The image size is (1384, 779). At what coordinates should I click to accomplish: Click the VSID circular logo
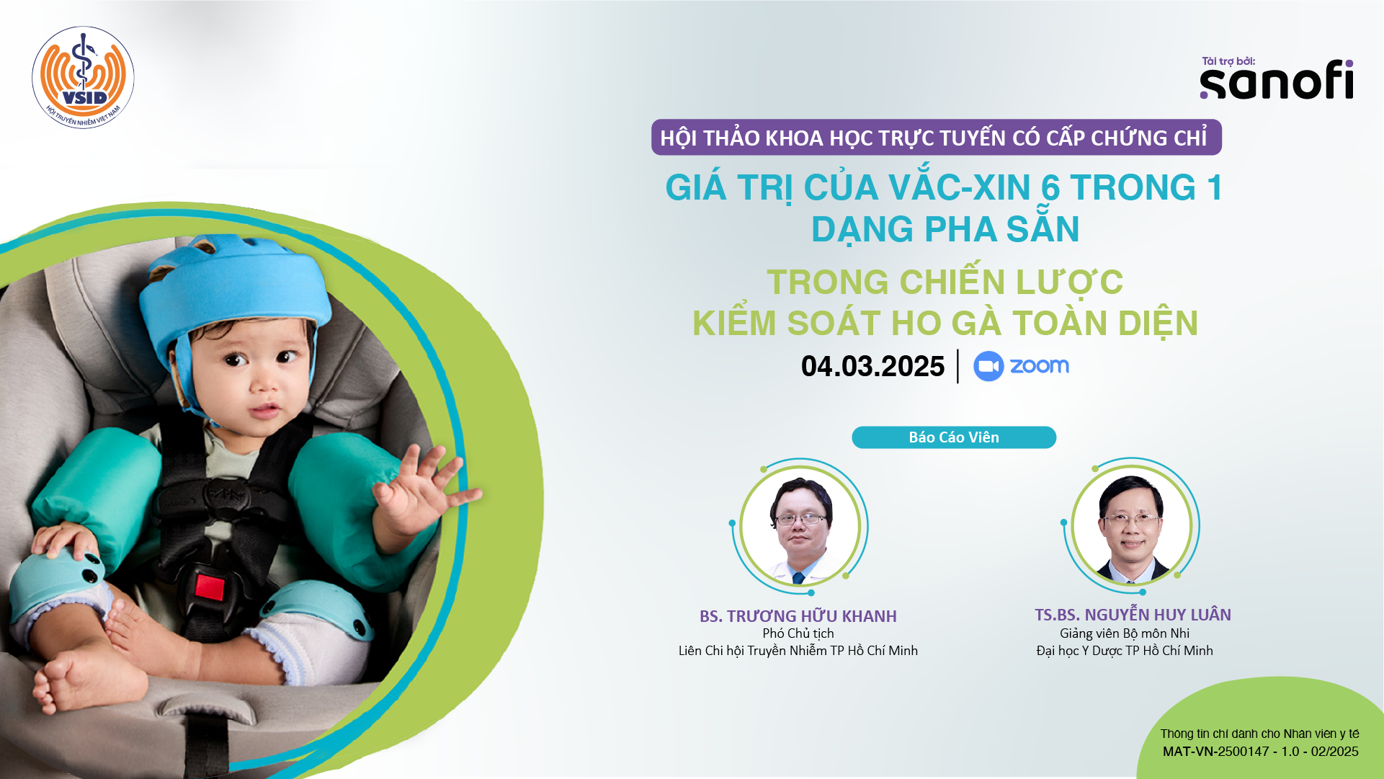click(x=83, y=78)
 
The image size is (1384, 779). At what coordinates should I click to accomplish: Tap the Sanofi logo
click(x=1277, y=79)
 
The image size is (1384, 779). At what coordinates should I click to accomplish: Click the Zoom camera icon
click(x=988, y=366)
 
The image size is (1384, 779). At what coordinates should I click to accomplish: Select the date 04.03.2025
click(x=872, y=366)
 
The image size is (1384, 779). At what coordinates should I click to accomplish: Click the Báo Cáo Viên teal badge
click(x=954, y=437)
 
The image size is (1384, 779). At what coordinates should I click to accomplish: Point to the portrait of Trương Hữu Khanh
click(x=800, y=526)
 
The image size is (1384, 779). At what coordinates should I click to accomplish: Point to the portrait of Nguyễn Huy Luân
click(x=1131, y=526)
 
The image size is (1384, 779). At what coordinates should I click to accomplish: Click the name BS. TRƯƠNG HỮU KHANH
click(x=798, y=616)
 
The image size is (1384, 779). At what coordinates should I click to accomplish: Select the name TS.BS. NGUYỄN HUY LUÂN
click(x=1133, y=615)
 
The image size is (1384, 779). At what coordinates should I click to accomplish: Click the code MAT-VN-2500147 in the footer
click(x=1216, y=752)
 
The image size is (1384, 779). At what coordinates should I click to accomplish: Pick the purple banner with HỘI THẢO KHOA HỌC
click(x=937, y=137)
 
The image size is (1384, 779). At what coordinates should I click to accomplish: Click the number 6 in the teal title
click(x=1050, y=188)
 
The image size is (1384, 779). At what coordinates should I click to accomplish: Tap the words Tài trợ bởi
click(x=1228, y=61)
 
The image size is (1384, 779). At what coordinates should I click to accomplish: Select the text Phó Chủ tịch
click(x=798, y=633)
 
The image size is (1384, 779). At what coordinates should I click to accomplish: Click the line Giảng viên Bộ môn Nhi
click(x=1125, y=633)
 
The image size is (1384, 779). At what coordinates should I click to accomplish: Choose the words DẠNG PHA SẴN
click(x=945, y=228)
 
